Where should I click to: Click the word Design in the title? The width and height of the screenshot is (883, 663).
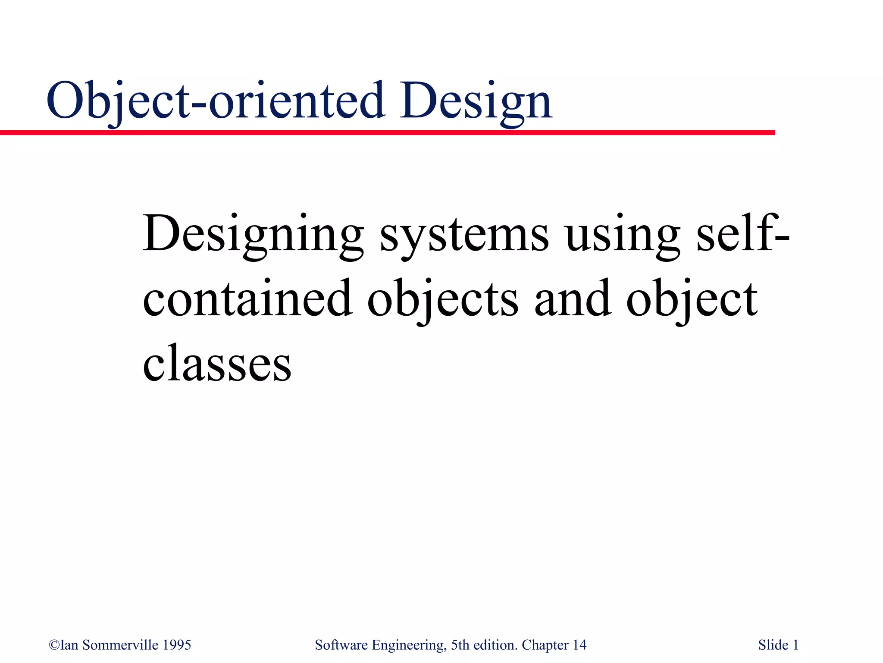tap(476, 101)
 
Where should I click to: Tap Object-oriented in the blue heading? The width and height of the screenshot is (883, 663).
tap(216, 101)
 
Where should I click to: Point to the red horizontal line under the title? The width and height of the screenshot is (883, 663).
tap(388, 132)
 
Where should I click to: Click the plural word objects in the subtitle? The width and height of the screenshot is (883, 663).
tap(443, 300)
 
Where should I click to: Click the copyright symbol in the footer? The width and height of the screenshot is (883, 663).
tap(54, 645)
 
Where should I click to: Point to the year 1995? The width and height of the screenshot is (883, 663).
tap(177, 645)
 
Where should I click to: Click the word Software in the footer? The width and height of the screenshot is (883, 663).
tap(341, 645)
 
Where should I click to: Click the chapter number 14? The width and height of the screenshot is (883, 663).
tap(579, 645)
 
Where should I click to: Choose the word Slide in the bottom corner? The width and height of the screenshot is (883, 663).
tap(773, 645)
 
